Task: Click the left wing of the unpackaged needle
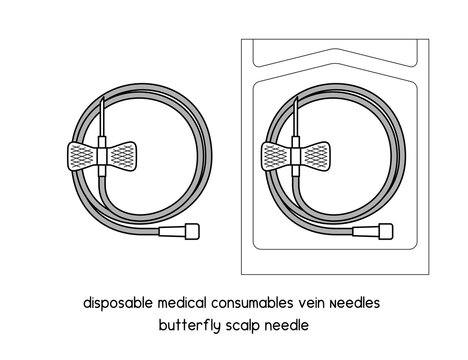80,155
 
